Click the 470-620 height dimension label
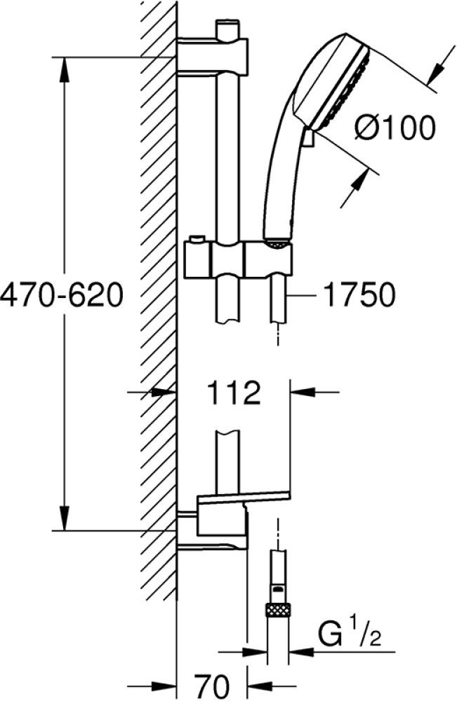61,294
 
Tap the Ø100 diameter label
395,128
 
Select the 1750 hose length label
359,294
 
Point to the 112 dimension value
234,393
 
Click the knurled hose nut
278,610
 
